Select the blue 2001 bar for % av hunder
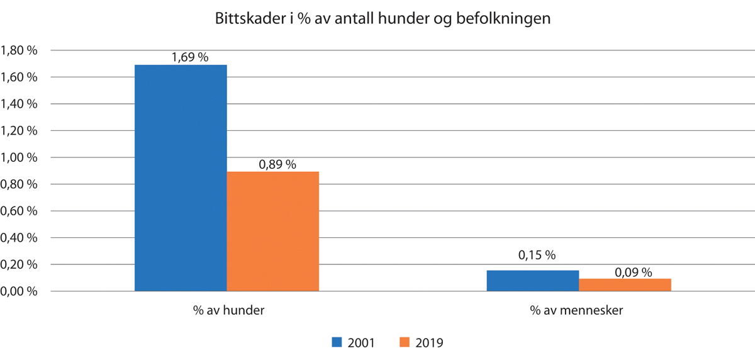pyautogui.click(x=181, y=177)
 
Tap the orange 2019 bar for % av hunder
pyautogui.click(x=272, y=231)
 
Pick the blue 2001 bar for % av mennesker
pyautogui.click(x=532, y=281)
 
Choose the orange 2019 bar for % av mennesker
pyautogui.click(x=625, y=284)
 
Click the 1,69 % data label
pyautogui.click(x=189, y=57)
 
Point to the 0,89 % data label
pyautogui.click(x=277, y=164)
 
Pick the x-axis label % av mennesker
pyautogui.click(x=578, y=311)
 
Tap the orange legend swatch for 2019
pyautogui.click(x=405, y=342)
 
